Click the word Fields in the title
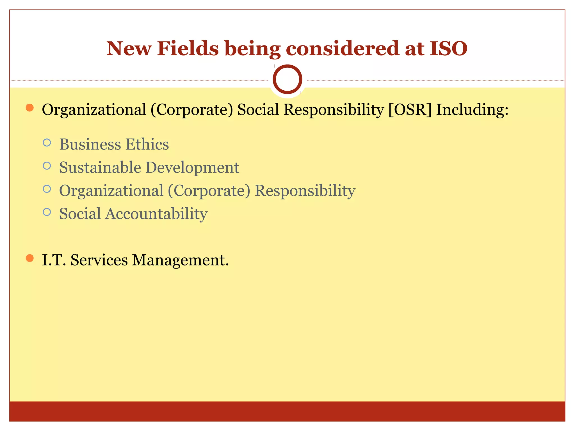tap(188, 49)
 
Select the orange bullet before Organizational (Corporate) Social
tap(29, 108)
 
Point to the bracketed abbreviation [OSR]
tap(410, 109)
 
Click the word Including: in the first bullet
tap(472, 110)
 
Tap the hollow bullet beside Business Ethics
tap(47, 143)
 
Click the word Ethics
tap(147, 144)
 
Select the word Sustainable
tap(100, 168)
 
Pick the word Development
tap(192, 168)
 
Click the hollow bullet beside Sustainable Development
tap(47, 166)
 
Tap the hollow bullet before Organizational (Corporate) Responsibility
tap(47, 189)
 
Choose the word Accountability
tap(156, 214)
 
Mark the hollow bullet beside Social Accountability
tap(47, 212)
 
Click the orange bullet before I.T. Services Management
tap(29, 258)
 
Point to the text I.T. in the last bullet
tap(54, 260)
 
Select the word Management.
tap(180, 260)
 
